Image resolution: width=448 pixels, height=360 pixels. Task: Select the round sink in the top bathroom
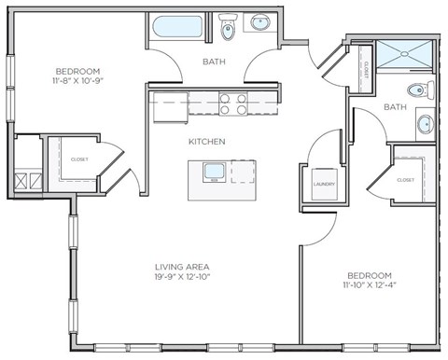click(259, 23)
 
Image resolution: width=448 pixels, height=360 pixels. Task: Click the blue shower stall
click(405, 52)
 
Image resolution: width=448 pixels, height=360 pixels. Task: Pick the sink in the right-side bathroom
click(425, 123)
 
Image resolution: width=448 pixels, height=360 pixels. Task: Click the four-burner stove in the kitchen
click(232, 103)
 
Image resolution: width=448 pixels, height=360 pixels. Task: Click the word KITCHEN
click(206, 142)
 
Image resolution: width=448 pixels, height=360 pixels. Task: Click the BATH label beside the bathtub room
click(213, 62)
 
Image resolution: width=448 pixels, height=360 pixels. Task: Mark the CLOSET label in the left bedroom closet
click(79, 159)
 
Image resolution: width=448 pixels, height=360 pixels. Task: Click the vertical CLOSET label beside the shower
click(365, 69)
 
